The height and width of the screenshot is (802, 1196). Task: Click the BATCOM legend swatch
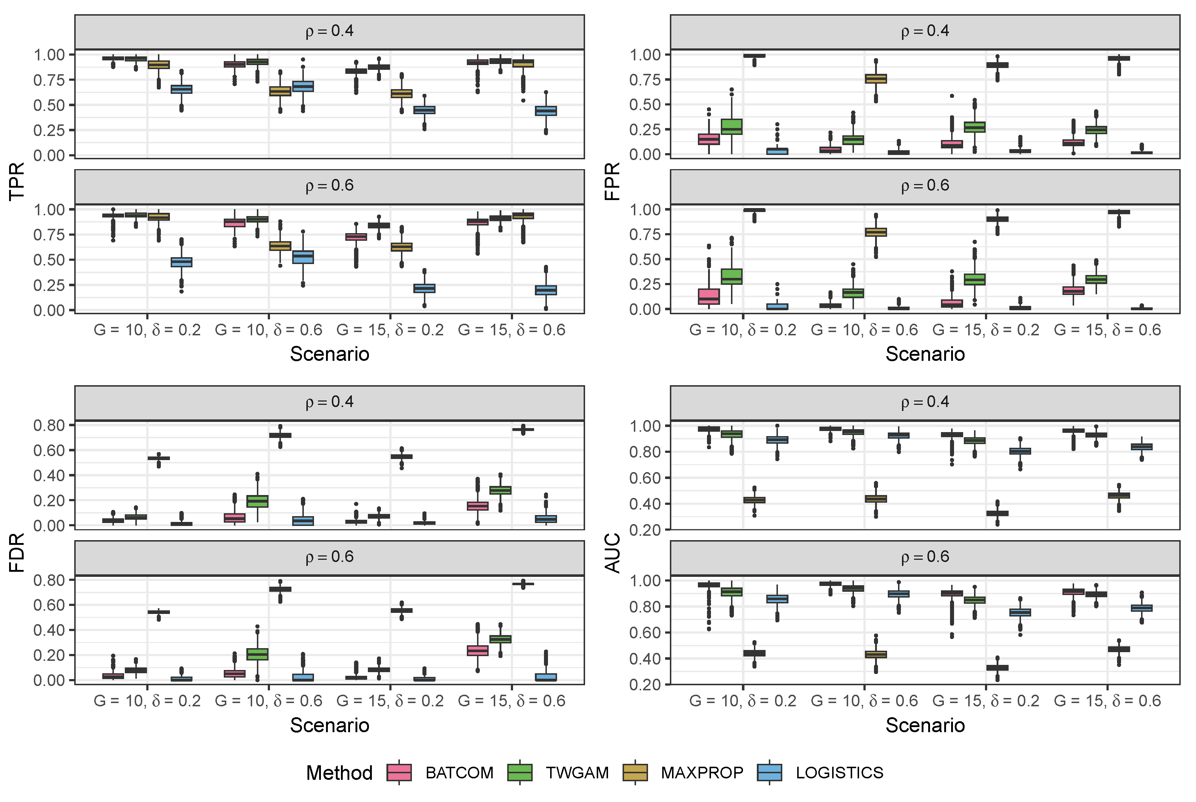tap(399, 772)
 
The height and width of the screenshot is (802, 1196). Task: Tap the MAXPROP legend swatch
tap(635, 772)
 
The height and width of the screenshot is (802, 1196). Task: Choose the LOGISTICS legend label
tap(839, 772)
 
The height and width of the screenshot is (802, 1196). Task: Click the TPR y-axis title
tap(16, 181)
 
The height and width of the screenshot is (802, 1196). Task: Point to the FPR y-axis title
tap(612, 181)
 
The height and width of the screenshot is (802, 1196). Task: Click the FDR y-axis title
tap(16, 552)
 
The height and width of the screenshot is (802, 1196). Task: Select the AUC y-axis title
tap(612, 552)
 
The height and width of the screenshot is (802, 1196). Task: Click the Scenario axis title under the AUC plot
tap(925, 725)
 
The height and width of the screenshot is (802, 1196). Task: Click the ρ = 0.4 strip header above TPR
tap(329, 31)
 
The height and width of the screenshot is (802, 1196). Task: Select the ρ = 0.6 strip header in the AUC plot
tap(925, 557)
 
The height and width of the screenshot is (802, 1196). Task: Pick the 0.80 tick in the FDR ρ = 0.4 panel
tap(49, 426)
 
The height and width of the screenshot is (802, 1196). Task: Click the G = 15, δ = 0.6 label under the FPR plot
tap(1107, 330)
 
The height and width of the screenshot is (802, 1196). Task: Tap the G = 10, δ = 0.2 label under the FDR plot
tap(147, 701)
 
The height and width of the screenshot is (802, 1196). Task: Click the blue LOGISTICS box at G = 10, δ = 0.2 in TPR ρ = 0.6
tap(181, 262)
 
